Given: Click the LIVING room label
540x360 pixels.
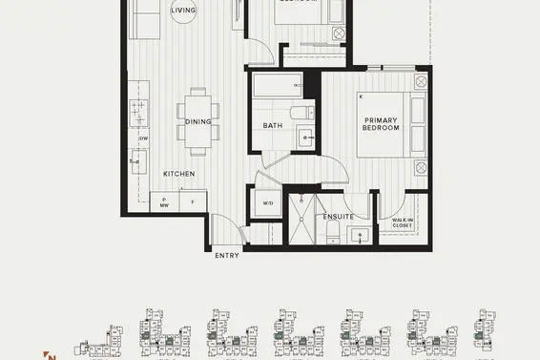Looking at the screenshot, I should [184, 11].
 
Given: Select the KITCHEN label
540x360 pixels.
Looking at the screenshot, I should [178, 174].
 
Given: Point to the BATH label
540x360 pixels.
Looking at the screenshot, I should [272, 126].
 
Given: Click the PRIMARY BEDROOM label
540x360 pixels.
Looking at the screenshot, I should [380, 124].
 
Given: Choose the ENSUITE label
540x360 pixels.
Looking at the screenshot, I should [338, 217].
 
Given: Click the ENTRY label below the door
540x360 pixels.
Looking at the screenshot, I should [227, 255].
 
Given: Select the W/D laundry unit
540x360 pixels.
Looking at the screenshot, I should [266, 203].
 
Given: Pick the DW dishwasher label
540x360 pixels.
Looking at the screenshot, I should [143, 139].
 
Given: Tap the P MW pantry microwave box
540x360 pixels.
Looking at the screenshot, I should [164, 201].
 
